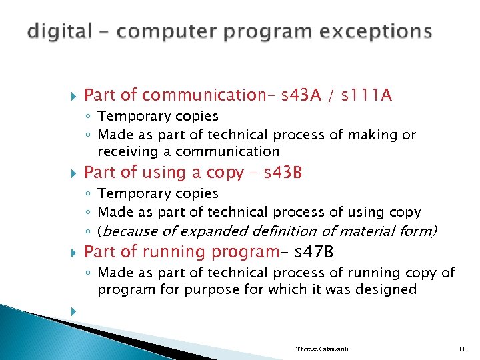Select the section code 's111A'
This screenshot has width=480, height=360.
pos(367,96)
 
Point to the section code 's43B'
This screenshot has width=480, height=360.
pos(283,173)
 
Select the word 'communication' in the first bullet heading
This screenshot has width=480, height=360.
pos(204,96)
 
